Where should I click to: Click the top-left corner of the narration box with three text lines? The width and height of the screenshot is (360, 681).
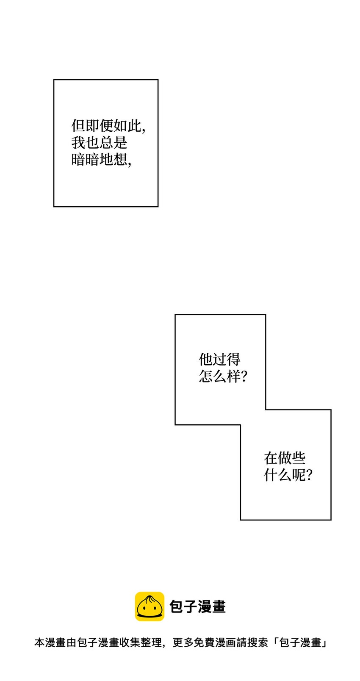tap(54, 80)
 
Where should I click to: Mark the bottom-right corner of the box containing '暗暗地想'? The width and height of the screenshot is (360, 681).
tap(158, 207)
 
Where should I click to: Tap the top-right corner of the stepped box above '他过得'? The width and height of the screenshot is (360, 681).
tap(266, 315)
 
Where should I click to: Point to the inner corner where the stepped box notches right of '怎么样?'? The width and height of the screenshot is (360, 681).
tap(266, 410)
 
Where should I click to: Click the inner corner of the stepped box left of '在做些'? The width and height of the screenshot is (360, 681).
tap(241, 425)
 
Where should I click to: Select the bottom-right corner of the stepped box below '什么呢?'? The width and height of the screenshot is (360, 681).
tap(331, 520)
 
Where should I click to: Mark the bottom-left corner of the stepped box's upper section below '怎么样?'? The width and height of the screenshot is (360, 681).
tap(175, 425)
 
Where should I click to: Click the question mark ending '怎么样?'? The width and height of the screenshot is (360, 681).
tap(244, 376)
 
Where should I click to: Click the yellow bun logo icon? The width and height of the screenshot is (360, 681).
tap(150, 606)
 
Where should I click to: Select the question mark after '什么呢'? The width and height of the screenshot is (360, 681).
tap(309, 475)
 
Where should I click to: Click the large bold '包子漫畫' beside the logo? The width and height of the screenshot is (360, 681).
tap(198, 607)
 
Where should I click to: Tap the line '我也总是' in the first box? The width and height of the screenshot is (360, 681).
tap(99, 143)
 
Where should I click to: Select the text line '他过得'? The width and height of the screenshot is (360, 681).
tap(219, 360)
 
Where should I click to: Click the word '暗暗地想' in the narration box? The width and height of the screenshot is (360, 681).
tap(99, 160)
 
